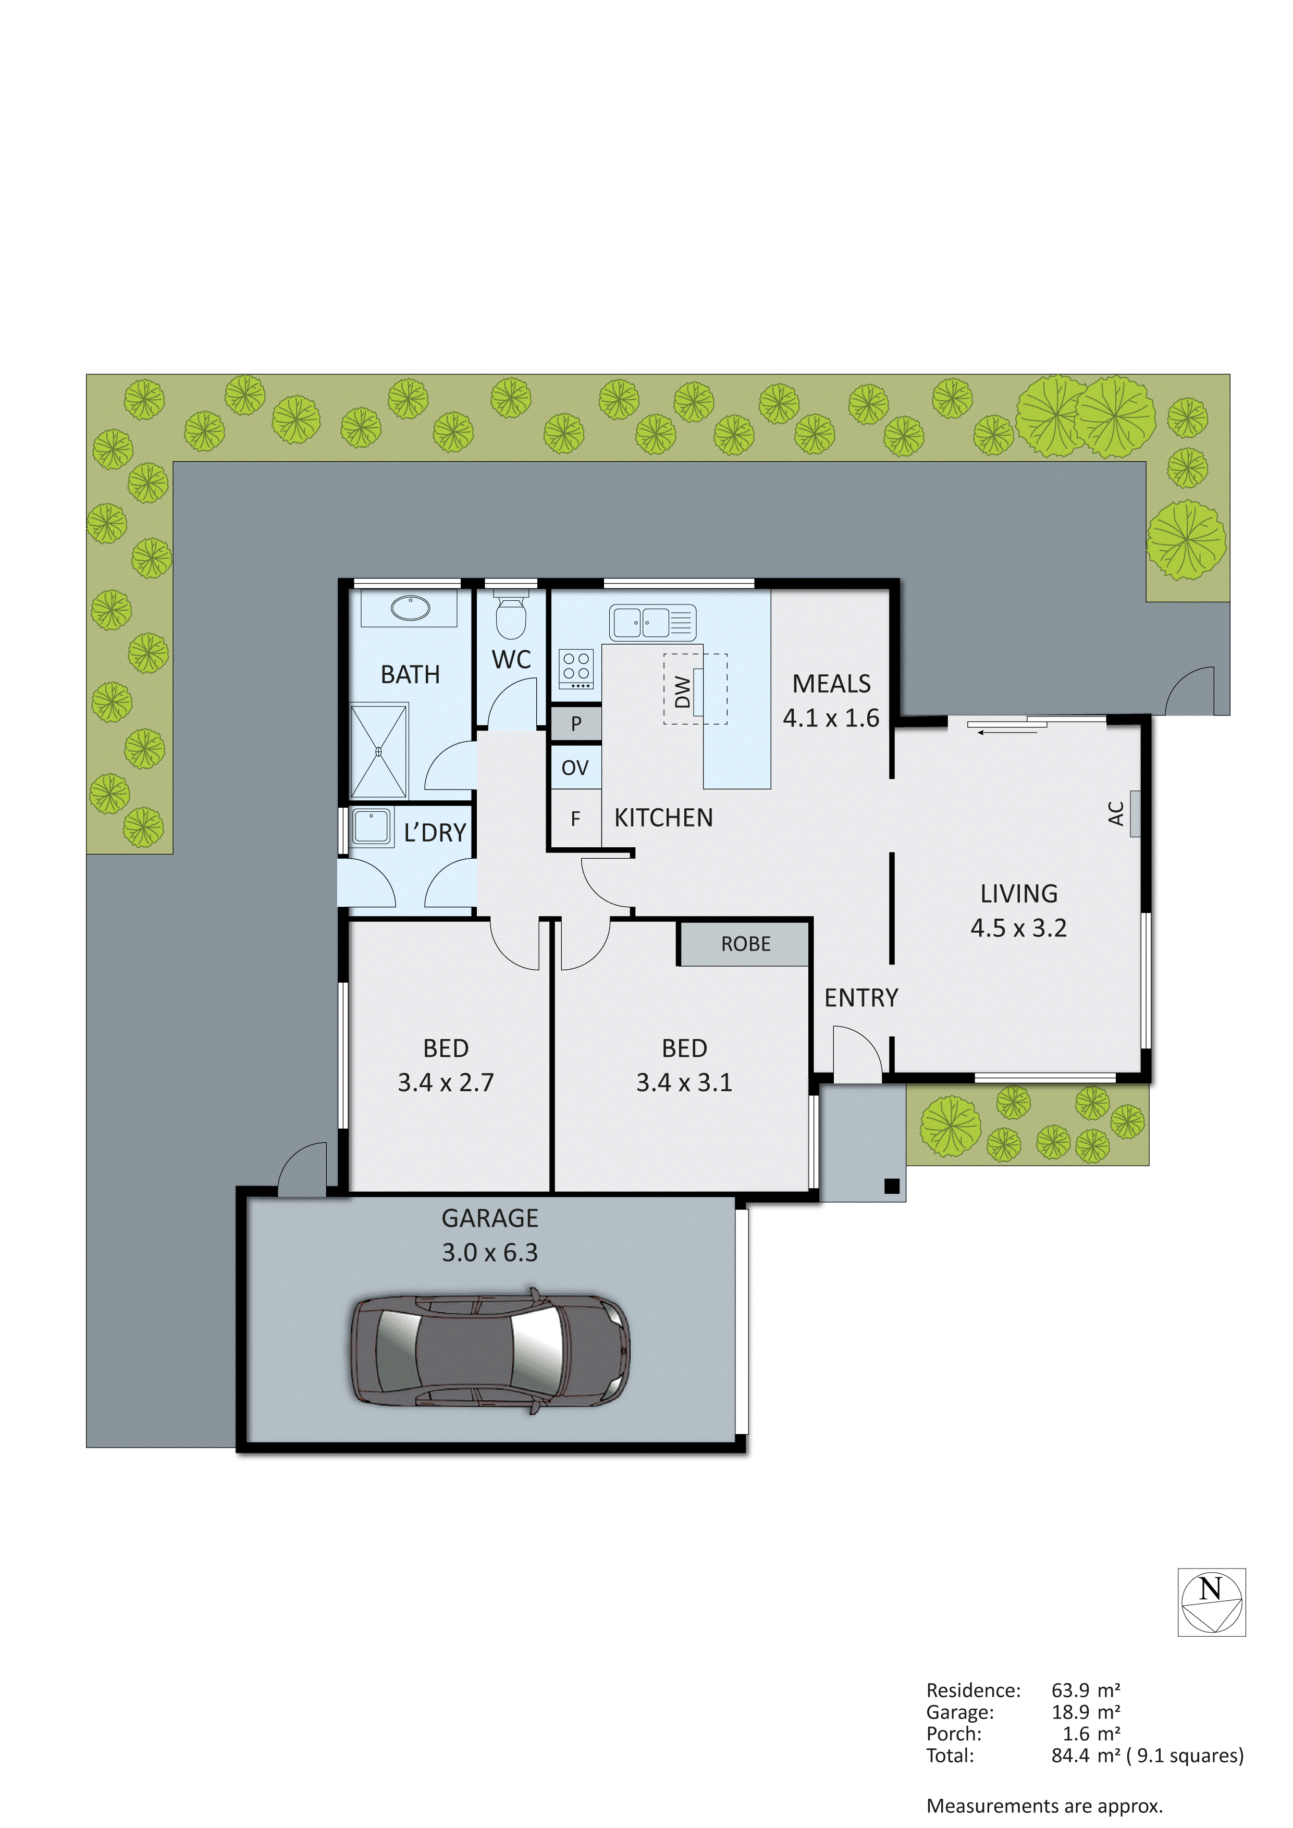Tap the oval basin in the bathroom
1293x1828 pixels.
pos(410,608)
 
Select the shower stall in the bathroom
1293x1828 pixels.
pos(378,751)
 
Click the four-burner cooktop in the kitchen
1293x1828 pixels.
pos(576,669)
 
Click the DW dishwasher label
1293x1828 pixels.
pos(682,691)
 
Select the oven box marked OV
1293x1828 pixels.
pos(575,768)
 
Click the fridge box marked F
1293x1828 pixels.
pos(575,819)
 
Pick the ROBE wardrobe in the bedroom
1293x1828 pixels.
pos(745,944)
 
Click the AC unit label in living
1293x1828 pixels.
pos(1115,813)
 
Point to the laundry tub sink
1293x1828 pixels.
pos(371,826)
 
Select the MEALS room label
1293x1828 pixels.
pos(831,684)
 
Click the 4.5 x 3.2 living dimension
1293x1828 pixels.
pos(1018,928)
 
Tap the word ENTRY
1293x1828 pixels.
pos(860,997)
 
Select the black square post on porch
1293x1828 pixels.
pos(892,1187)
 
